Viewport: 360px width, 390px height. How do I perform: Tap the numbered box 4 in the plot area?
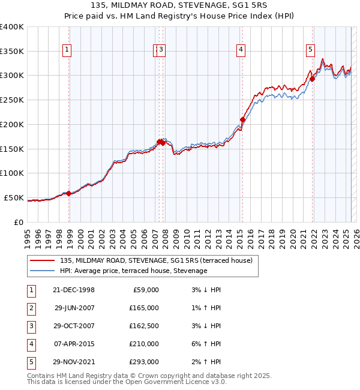click(241, 50)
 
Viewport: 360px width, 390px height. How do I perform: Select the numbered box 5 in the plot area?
click(311, 50)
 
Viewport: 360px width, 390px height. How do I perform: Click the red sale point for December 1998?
click(69, 193)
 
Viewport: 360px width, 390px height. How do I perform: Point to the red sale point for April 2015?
click(243, 119)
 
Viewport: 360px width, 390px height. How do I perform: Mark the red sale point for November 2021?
click(313, 79)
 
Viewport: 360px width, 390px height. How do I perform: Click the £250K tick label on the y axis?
click(12, 100)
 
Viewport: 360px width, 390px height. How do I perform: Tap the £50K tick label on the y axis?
click(14, 197)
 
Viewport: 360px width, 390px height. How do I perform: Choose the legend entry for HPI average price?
click(133, 271)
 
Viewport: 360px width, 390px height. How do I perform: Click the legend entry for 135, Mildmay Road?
click(156, 260)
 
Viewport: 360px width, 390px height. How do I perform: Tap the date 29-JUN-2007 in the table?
click(74, 308)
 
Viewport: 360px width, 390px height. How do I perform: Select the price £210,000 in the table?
click(144, 344)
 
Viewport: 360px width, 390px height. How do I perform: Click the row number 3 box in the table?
click(30, 326)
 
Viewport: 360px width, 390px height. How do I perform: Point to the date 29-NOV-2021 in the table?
click(74, 362)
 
